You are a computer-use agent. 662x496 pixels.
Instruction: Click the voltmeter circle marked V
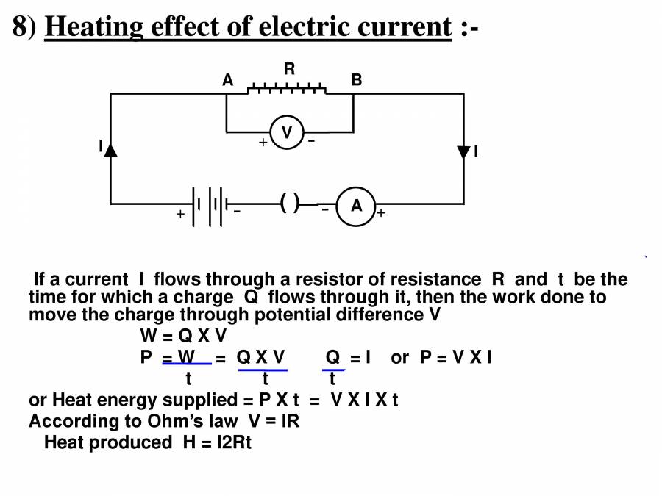coord(287,132)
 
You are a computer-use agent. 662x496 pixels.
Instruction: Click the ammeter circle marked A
coord(356,206)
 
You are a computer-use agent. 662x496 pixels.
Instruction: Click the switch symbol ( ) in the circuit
coord(290,204)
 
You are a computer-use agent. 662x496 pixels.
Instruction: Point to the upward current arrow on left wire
coord(110,149)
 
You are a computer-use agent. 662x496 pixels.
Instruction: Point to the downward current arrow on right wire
coord(463,152)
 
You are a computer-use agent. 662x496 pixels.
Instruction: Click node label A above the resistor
coord(228,80)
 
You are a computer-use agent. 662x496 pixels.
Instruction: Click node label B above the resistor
coord(357,80)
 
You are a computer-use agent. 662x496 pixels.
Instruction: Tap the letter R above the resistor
coord(290,69)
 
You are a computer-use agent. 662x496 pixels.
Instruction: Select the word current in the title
coord(404,26)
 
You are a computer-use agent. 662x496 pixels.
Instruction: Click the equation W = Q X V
coord(183,337)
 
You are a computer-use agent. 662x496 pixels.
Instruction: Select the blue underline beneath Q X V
coord(263,370)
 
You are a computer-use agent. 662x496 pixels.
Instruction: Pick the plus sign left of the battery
coord(179,215)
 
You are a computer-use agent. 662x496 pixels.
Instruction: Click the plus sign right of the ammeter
coord(381,214)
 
